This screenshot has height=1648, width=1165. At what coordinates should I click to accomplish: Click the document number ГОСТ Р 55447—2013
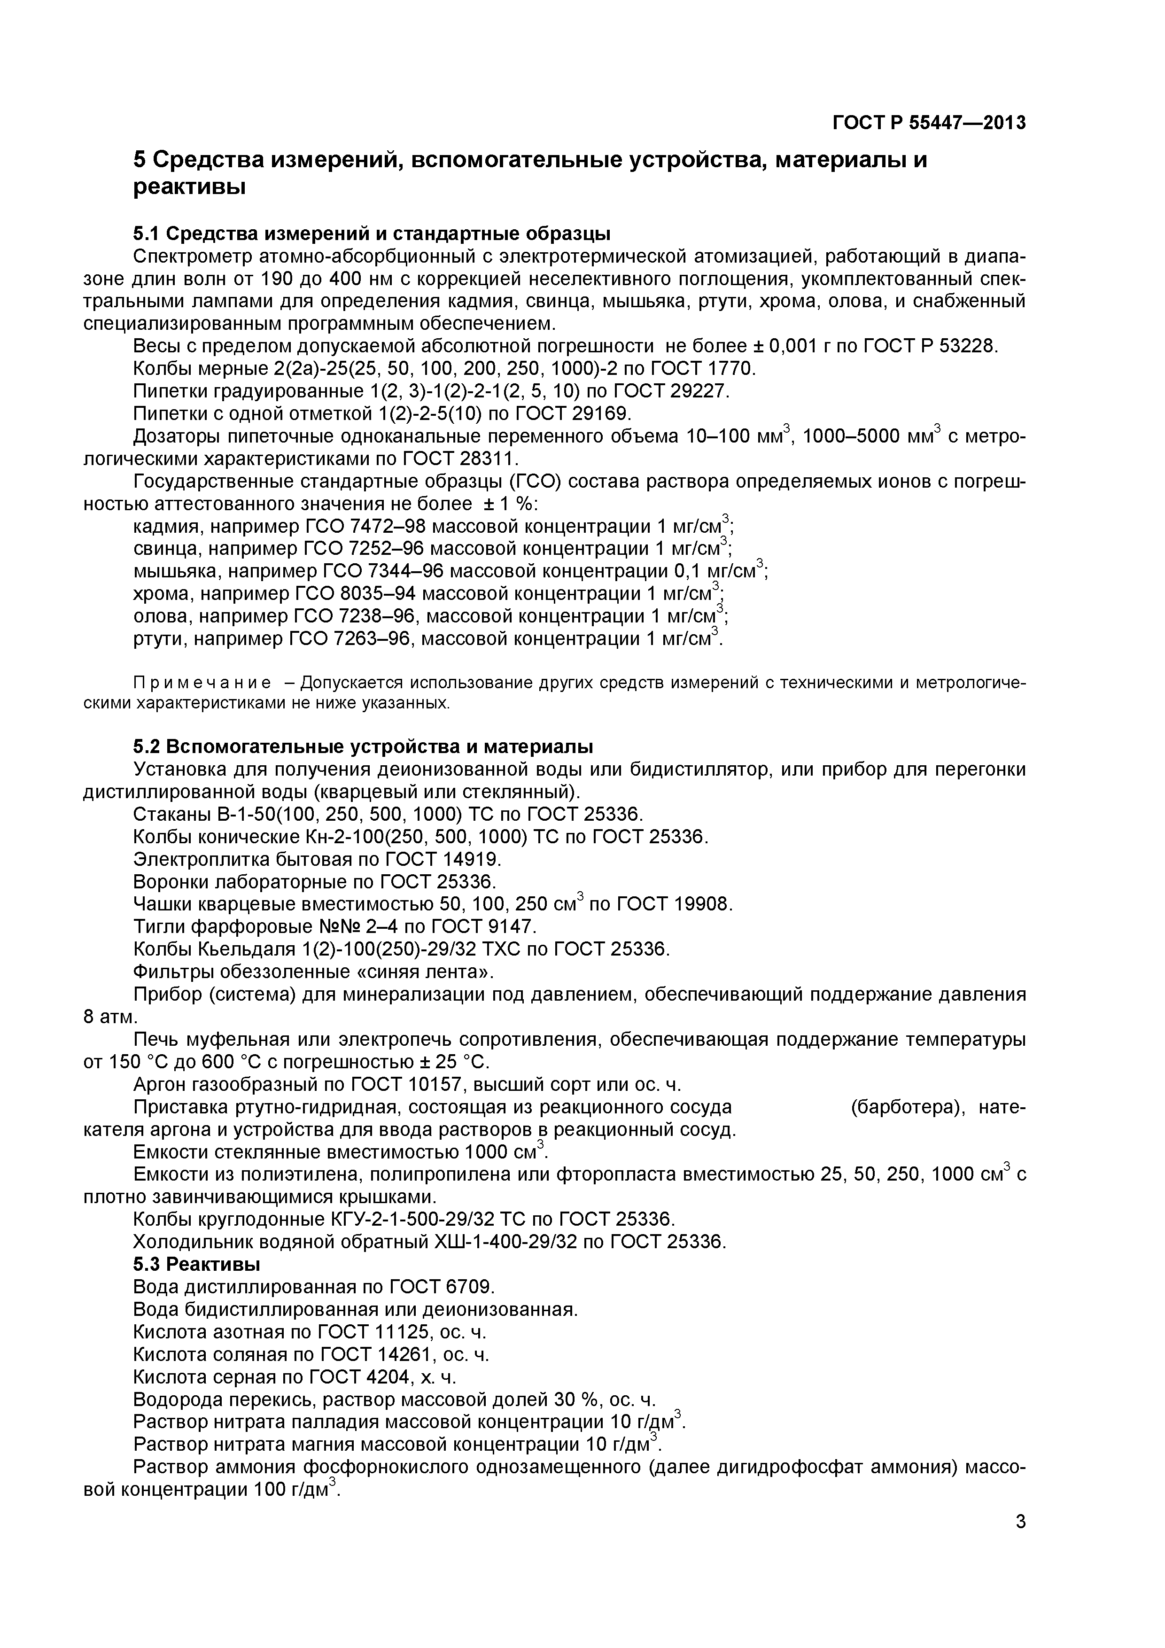[x=928, y=123]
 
